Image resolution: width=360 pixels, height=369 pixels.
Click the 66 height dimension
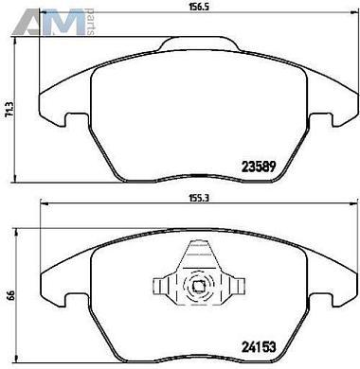(x=9, y=296)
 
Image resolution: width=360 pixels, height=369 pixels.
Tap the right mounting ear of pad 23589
(x=336, y=115)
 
